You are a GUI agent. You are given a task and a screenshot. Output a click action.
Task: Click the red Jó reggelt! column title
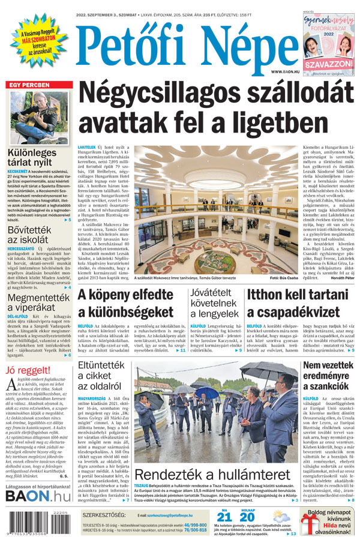26,370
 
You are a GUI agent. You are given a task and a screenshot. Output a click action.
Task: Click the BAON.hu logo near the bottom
38,496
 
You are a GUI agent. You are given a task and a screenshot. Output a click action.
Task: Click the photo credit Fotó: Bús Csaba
283,278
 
